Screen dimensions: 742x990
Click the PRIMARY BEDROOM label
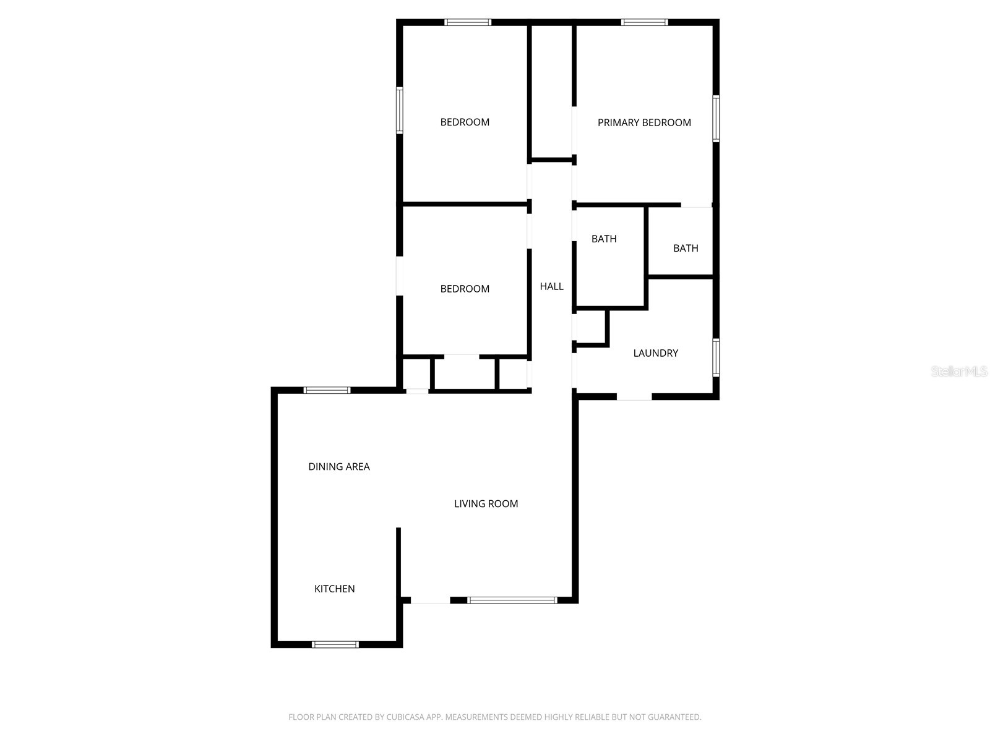[x=644, y=122]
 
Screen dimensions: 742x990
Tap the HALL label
[x=551, y=286]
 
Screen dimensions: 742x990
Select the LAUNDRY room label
[x=655, y=353]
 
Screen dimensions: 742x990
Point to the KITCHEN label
[x=334, y=589]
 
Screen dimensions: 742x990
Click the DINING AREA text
[x=339, y=467]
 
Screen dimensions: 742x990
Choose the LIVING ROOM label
[x=486, y=504]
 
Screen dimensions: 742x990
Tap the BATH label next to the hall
[x=604, y=239]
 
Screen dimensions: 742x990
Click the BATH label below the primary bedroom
[x=686, y=248]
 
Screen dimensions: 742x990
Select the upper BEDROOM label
[x=465, y=122]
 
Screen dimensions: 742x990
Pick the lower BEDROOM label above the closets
[x=465, y=289]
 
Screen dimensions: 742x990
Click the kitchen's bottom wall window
[x=335, y=644]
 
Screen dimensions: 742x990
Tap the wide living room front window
[x=512, y=600]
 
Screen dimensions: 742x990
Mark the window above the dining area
[x=327, y=390]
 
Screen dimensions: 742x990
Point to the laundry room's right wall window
[x=716, y=357]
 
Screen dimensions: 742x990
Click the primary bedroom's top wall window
[x=644, y=23]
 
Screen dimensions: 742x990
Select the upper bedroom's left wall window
[x=400, y=110]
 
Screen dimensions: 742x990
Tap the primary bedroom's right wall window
[x=716, y=119]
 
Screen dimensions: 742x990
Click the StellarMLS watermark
[x=959, y=372]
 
